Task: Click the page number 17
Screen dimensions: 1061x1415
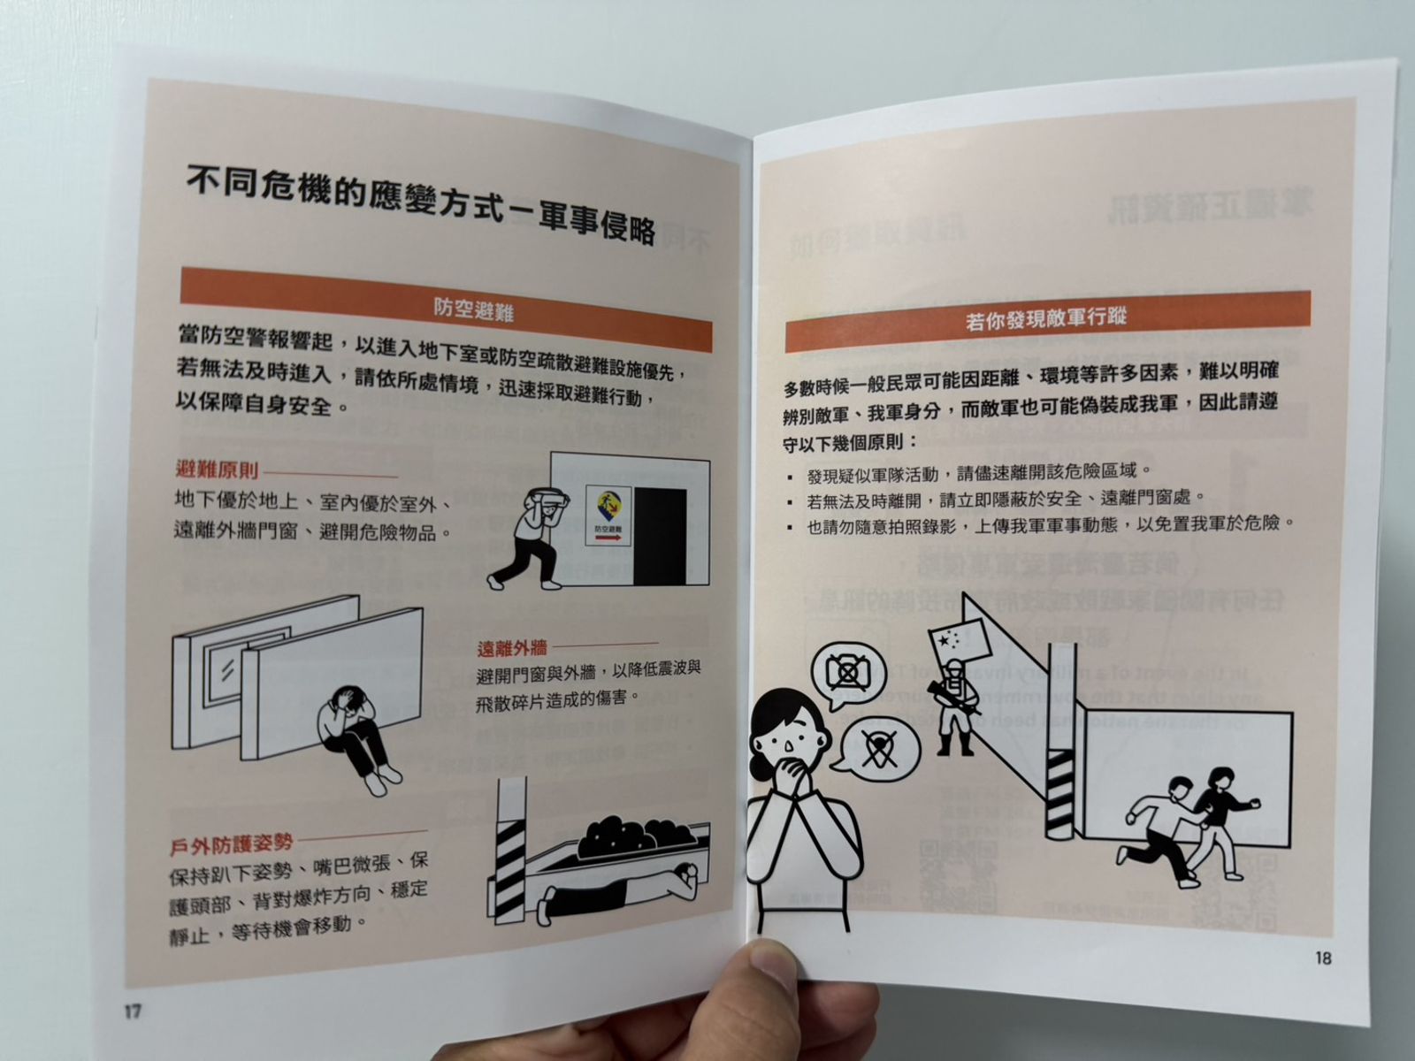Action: [132, 1011]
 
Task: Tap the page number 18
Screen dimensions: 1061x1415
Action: [1323, 958]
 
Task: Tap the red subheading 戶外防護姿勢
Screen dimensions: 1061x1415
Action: [232, 843]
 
